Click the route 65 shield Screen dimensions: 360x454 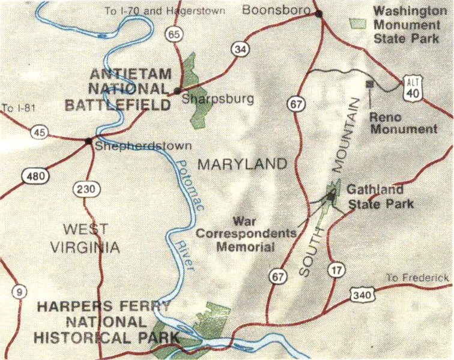[175, 35]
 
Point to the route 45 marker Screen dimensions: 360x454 [40, 133]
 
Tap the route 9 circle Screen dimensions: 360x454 [20, 292]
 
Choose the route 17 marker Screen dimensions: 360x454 [334, 270]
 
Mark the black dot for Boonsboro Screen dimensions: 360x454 [319, 13]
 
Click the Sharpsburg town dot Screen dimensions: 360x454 [177, 91]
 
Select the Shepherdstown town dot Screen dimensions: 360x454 [89, 142]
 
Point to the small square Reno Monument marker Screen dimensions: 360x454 [369, 84]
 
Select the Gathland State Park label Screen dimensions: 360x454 [380, 196]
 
